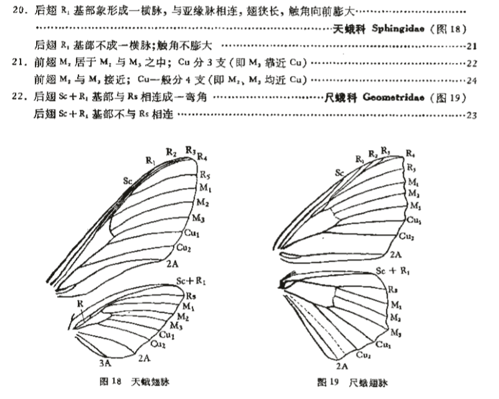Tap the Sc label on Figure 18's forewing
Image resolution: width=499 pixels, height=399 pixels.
(x=127, y=180)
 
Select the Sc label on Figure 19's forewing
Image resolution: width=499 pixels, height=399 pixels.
(x=340, y=172)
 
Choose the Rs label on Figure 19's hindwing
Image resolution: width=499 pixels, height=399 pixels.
(x=393, y=289)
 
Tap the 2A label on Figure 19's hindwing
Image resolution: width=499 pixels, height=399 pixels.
(x=342, y=366)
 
